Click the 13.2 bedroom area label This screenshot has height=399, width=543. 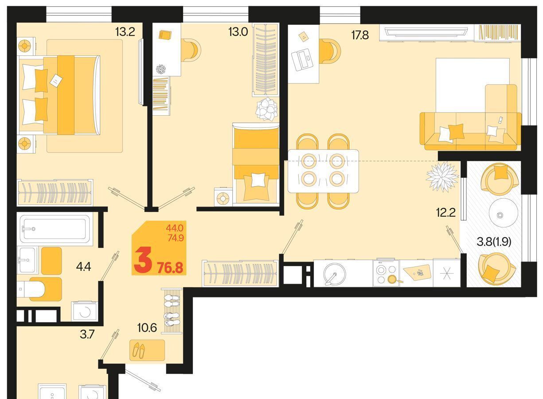[x=125, y=32]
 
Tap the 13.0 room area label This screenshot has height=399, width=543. [x=238, y=32]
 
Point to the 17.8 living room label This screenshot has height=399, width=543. [x=360, y=35]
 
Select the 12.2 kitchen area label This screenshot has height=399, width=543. [x=446, y=213]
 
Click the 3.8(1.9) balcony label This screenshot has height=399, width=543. [x=494, y=242]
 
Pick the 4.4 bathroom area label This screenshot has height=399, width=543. [x=83, y=267]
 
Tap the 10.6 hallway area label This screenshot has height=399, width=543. [x=147, y=328]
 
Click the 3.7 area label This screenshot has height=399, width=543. [x=87, y=335]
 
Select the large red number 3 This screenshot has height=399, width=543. [x=143, y=260]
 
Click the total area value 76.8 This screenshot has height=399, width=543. [x=170, y=268]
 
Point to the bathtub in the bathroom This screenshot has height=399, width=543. [x=55, y=229]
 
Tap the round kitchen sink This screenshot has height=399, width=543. [x=335, y=274]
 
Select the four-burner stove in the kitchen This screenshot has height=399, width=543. [x=386, y=273]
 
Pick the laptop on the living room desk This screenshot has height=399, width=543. [x=302, y=60]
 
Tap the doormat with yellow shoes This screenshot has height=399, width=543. [x=147, y=350]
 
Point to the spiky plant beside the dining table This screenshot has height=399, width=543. [x=442, y=176]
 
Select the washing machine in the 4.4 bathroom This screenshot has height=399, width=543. [x=85, y=311]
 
